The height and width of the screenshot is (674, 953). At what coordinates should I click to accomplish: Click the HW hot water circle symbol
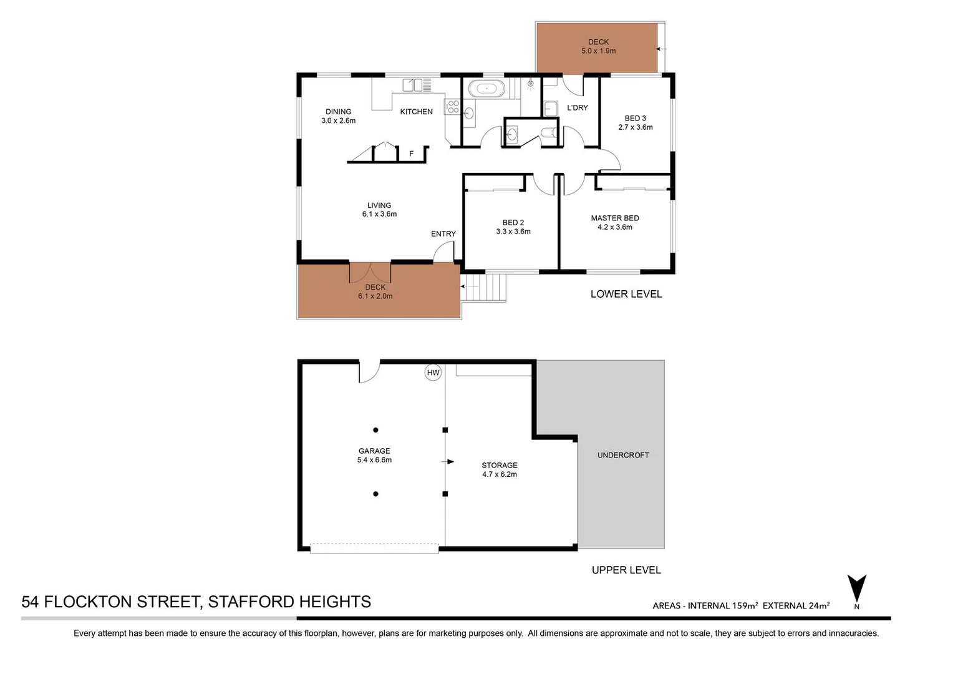pos(433,373)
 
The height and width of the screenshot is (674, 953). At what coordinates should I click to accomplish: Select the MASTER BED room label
pos(615,218)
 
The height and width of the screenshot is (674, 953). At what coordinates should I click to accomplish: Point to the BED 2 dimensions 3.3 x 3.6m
pos(513,232)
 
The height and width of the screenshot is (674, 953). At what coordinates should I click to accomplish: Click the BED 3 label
pos(635,118)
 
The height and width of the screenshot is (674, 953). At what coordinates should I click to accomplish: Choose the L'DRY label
pos(578,107)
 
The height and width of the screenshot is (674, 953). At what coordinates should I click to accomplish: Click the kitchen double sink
pos(417,84)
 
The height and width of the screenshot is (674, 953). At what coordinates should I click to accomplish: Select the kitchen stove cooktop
pos(452,107)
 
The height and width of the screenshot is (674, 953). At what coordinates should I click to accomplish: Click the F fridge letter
pos(411,154)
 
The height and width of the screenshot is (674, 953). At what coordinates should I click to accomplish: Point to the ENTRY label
pos(443,234)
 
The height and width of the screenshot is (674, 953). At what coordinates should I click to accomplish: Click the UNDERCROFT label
pos(623,455)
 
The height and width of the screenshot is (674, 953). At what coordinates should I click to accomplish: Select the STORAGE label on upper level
pos(500,465)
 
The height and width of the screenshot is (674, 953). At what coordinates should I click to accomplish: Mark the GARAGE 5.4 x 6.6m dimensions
pos(374,460)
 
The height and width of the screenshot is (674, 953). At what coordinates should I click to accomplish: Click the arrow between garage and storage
pos(449,462)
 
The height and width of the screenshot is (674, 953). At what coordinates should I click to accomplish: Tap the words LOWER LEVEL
pos(626,294)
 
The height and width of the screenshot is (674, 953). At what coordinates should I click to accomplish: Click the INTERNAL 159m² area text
pos(723,605)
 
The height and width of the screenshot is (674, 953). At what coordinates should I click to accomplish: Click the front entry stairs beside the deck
pos(486,288)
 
